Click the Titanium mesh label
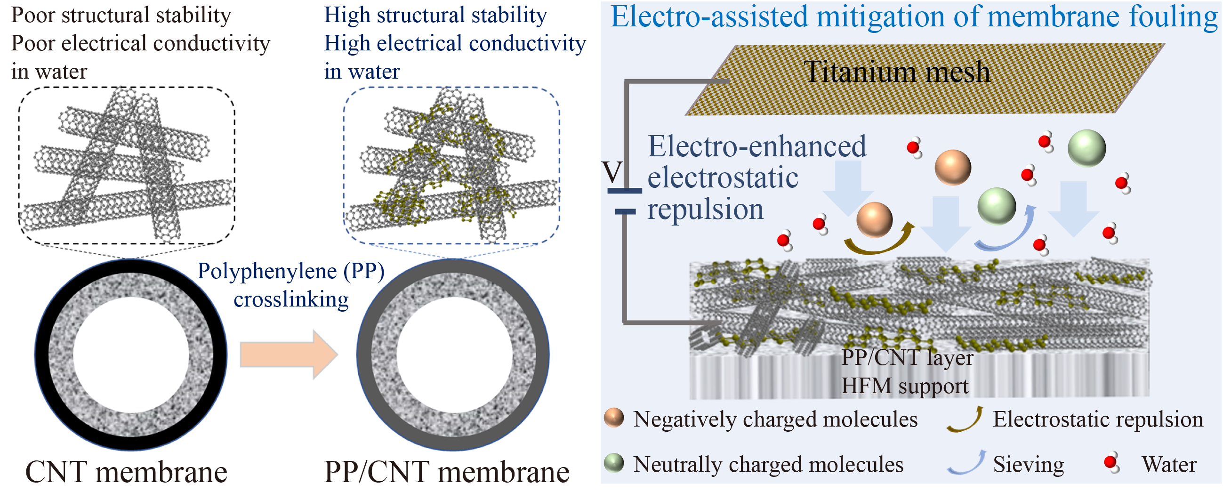point(897,72)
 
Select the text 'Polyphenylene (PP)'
point(290,272)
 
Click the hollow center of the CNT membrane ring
point(131,355)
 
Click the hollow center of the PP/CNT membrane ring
point(454,355)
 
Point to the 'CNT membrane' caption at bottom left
point(126,472)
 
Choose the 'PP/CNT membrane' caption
point(447,472)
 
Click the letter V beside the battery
point(612,172)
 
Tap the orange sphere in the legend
point(614,418)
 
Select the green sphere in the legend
point(614,462)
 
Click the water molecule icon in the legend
point(1112,463)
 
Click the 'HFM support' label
point(904,386)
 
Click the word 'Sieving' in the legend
point(1028,464)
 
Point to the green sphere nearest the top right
point(1087,148)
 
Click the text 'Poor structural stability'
point(121,15)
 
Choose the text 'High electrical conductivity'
point(455,44)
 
